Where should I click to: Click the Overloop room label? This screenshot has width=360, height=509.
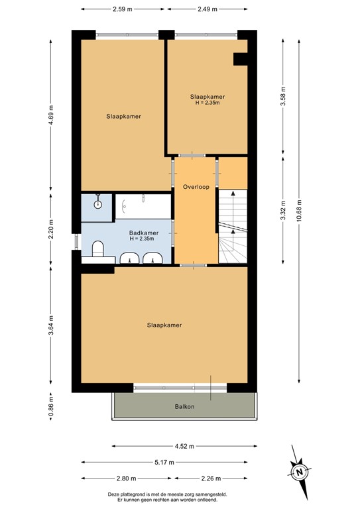196,187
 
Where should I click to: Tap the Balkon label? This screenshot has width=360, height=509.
184,407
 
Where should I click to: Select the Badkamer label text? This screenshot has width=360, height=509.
143,233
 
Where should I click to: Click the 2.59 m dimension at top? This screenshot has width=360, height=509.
123,9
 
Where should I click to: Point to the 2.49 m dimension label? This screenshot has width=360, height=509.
208,9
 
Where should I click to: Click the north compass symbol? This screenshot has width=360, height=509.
299,471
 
